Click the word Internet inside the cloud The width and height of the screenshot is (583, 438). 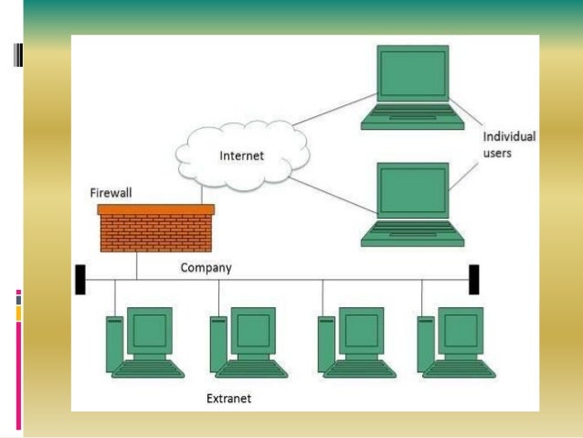coord(241,155)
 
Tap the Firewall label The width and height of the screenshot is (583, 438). coord(111,193)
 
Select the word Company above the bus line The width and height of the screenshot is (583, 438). coord(206,268)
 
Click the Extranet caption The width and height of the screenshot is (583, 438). coord(228,399)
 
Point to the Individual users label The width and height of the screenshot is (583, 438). coord(509,144)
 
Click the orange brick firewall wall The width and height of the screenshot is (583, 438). coord(155,228)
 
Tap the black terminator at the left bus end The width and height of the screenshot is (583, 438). coord(80,280)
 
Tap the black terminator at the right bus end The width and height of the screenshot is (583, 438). coord(474,280)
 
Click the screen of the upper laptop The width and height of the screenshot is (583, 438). coord(413,74)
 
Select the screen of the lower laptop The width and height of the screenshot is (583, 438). coord(413,190)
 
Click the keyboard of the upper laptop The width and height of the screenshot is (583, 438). coord(413,117)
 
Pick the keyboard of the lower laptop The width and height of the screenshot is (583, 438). coord(413,234)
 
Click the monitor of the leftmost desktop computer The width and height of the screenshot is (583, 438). coord(150,331)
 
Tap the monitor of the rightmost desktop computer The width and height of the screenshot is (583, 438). coord(461,331)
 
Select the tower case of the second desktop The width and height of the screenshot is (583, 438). coord(217,344)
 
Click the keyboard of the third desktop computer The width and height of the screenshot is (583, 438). coord(359,369)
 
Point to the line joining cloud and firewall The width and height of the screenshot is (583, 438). coord(202,195)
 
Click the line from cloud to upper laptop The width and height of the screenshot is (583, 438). coord(334,110)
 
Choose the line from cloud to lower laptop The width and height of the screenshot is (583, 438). coord(334,196)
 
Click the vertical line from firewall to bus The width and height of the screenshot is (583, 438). coord(137,266)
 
